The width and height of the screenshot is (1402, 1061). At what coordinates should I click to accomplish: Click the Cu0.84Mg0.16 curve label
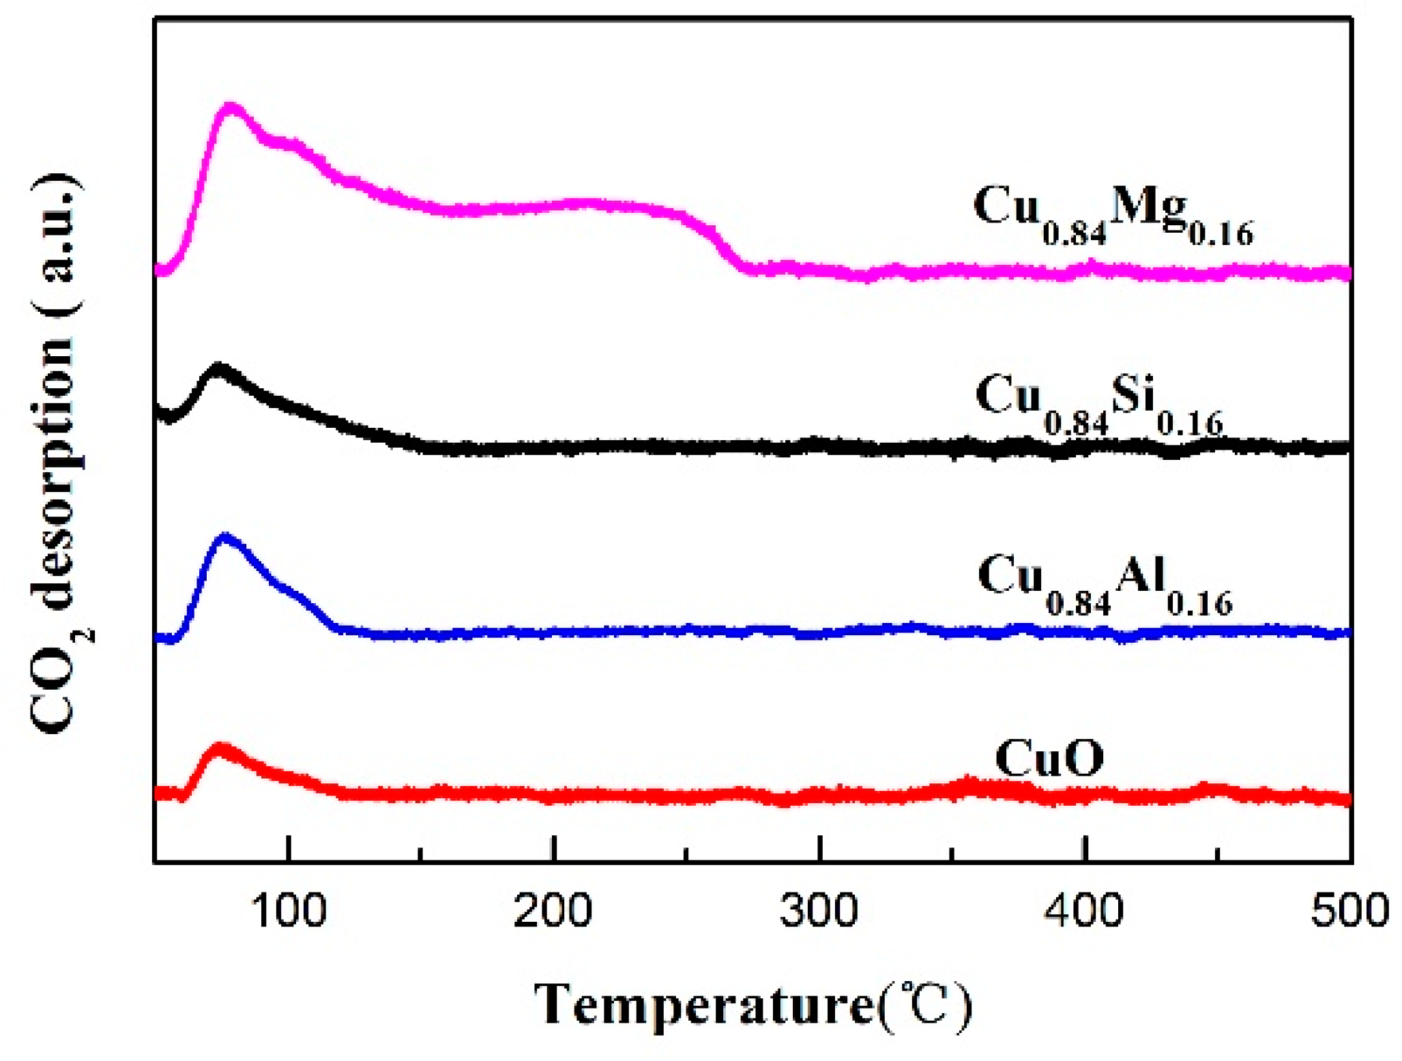pyautogui.click(x=1112, y=213)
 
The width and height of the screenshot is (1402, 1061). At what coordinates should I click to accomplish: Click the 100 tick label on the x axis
pyautogui.click(x=289, y=910)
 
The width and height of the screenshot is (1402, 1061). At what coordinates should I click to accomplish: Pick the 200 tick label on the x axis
pyautogui.click(x=553, y=910)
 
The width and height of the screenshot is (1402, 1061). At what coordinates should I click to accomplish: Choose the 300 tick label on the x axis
pyautogui.click(x=819, y=910)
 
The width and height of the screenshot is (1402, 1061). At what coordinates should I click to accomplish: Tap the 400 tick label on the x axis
pyautogui.click(x=1084, y=910)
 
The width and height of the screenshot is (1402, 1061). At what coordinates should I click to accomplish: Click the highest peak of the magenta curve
pyautogui.click(x=231, y=108)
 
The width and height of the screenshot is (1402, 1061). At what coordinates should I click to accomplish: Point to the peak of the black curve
pyautogui.click(x=218, y=369)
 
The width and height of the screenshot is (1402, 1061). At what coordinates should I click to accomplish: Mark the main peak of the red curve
pyautogui.click(x=220, y=748)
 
